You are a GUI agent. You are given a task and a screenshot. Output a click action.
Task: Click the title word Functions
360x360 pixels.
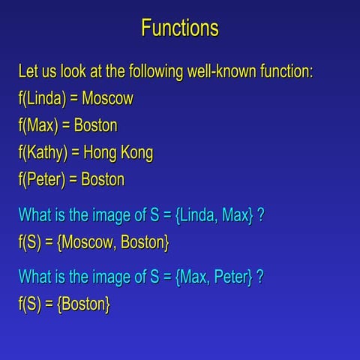click(180, 28)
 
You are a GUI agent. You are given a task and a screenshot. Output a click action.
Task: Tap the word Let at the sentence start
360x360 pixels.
click(29, 73)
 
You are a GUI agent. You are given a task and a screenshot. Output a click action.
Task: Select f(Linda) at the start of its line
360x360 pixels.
click(42, 99)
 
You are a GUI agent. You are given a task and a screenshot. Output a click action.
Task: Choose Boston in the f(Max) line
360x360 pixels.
click(95, 126)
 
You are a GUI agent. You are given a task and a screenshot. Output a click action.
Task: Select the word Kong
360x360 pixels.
click(137, 153)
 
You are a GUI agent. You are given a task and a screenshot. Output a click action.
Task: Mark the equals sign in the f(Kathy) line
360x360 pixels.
click(76, 153)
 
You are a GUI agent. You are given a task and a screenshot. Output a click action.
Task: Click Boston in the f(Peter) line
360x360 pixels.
click(103, 180)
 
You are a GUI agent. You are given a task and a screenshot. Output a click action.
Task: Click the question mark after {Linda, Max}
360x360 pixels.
click(260, 217)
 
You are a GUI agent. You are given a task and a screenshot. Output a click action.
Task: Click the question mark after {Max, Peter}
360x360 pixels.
click(259, 277)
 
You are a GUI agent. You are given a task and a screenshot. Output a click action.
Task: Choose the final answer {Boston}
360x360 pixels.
click(83, 304)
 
